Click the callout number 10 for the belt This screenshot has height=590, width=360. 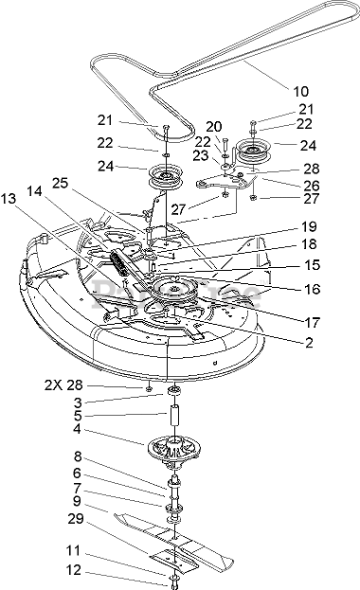click(300, 91)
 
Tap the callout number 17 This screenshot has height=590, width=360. click(312, 323)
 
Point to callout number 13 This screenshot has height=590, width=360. click(9, 198)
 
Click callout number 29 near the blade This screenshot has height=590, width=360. click(78, 519)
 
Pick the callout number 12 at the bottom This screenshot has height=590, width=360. click(73, 570)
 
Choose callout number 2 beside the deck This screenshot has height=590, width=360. click(309, 343)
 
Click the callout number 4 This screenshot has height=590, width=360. click(77, 429)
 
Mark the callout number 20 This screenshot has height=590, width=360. click(214, 127)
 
